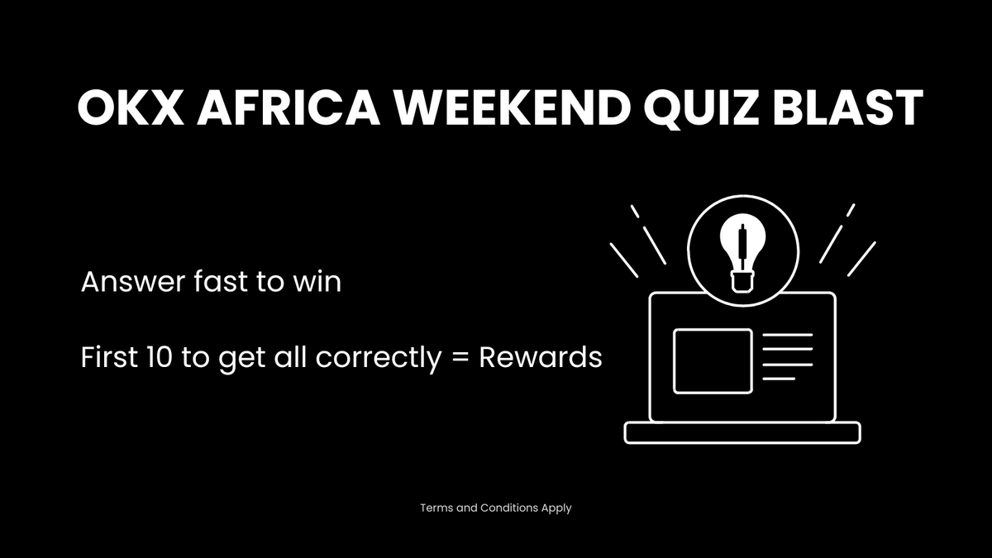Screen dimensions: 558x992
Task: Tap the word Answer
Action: point(131,283)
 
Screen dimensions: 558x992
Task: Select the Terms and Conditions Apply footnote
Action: point(495,508)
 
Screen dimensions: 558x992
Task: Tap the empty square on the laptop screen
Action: point(713,360)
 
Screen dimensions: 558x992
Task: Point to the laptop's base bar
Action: point(742,432)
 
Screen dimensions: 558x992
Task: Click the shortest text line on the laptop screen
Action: point(778,379)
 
